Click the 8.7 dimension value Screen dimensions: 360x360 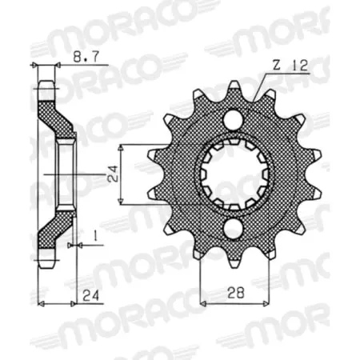86,57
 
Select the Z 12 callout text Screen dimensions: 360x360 290,66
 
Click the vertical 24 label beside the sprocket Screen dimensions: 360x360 113,174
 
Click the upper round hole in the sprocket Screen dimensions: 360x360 233,120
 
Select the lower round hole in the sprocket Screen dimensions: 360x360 233,230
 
